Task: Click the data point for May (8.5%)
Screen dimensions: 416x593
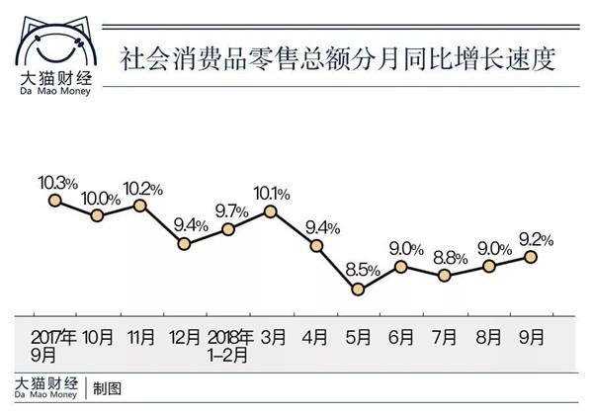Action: [358, 290]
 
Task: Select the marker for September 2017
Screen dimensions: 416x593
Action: [55, 200]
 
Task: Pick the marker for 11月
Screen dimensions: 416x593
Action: [140, 205]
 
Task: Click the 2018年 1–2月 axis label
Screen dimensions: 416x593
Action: [228, 345]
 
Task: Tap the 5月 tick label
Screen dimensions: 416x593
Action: [358, 337]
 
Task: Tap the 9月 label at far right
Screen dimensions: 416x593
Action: [531, 337]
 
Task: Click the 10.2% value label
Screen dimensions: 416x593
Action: [142, 188]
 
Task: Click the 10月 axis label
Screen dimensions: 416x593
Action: [98, 337]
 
